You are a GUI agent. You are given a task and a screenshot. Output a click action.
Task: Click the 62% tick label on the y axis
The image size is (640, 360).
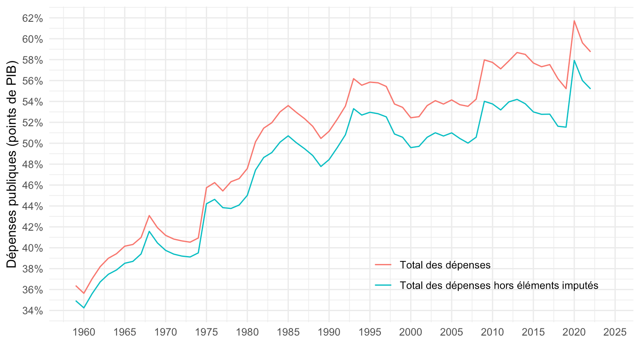[33, 18]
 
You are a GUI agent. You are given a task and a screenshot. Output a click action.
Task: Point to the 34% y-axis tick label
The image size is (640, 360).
[33, 311]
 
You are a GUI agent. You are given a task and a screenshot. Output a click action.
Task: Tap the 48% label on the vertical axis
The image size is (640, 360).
[33, 164]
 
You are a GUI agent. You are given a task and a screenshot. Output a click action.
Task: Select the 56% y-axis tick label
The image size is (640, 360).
[33, 81]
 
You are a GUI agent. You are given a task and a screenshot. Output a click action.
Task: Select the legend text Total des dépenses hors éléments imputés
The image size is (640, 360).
[499, 285]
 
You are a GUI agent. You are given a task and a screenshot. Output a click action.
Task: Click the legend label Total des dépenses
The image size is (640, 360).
[445, 265]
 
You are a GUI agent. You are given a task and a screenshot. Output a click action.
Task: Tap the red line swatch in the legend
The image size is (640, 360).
[383, 265]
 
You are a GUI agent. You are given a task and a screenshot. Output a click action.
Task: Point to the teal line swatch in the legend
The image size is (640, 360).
[383, 285]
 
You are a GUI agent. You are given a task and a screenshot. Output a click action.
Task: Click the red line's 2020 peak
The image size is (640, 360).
[574, 20]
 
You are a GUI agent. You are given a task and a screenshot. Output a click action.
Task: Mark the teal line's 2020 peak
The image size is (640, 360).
[574, 60]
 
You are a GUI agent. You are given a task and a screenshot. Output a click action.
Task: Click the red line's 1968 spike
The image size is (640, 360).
[149, 215]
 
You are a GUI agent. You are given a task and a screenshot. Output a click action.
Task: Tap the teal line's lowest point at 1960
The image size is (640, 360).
[84, 308]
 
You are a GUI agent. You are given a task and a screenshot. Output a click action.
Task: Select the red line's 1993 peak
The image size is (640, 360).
[353, 79]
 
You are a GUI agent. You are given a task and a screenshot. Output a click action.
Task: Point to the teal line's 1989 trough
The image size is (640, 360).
[321, 166]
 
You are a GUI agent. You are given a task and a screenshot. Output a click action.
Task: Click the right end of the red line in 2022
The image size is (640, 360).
[590, 52]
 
